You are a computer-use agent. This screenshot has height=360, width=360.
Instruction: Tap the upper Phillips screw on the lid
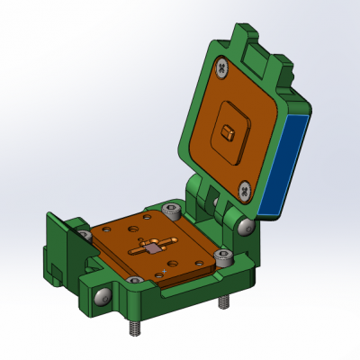[221, 66]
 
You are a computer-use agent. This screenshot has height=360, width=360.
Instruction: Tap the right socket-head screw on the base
[221, 258]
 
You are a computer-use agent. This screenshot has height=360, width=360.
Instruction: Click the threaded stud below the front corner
[135, 328]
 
